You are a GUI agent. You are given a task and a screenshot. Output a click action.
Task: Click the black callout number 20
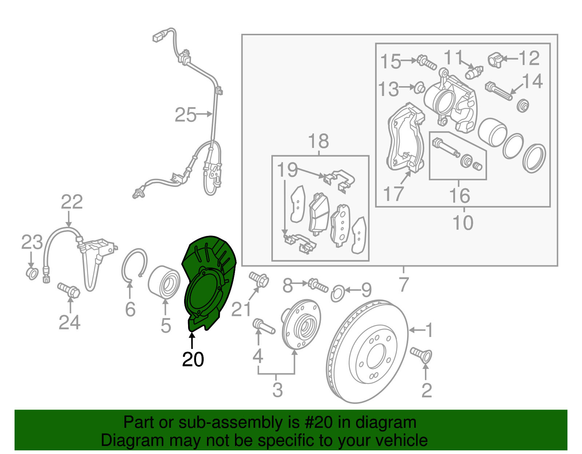pos(193,359)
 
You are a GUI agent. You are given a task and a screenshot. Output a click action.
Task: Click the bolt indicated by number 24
pos(69,290)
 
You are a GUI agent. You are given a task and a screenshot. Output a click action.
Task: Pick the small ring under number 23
pos(32,273)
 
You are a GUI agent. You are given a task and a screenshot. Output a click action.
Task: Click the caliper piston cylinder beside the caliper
pos(492,132)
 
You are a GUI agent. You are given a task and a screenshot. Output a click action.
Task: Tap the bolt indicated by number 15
pos(426,63)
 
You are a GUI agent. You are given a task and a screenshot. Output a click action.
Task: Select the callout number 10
pos(463,222)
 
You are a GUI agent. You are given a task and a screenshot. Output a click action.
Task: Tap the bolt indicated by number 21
pos(259,280)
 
